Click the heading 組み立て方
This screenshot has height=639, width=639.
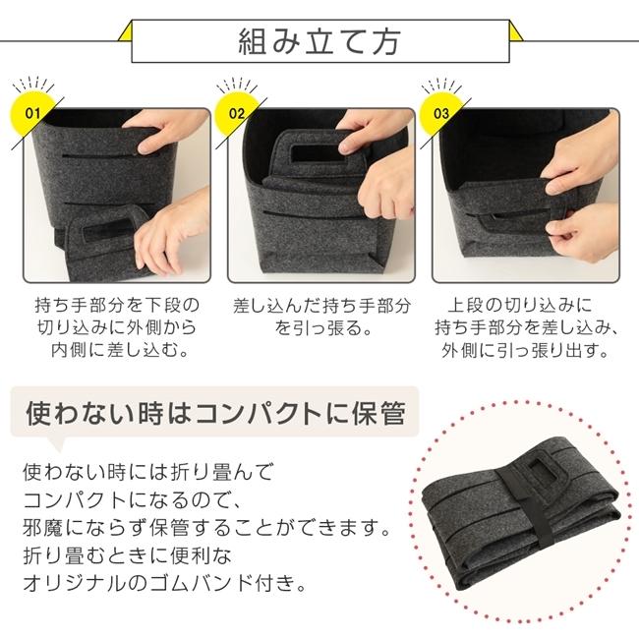click(319, 42)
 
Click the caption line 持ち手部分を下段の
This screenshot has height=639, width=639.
click(116, 305)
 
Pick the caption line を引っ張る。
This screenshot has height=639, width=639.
click(319, 328)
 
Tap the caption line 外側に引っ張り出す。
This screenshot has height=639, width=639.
click(523, 351)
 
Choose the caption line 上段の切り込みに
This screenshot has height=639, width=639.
click(523, 305)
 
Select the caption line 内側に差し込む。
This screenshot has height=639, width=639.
click(116, 351)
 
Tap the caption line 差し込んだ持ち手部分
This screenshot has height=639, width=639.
click(319, 305)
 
